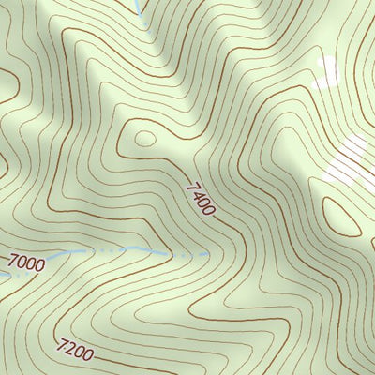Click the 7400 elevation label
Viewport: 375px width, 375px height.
(x=200, y=200)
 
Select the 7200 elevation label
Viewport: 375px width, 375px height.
(x=74, y=352)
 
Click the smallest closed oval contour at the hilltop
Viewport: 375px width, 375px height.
(x=144, y=139)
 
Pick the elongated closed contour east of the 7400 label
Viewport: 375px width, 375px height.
(x=342, y=217)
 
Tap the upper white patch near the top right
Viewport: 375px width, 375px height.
(x=325, y=73)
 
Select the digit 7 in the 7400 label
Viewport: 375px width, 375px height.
(x=191, y=188)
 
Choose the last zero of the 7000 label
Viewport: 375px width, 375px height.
(x=39, y=266)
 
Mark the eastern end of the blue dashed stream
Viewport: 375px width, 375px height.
(x=208, y=253)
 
